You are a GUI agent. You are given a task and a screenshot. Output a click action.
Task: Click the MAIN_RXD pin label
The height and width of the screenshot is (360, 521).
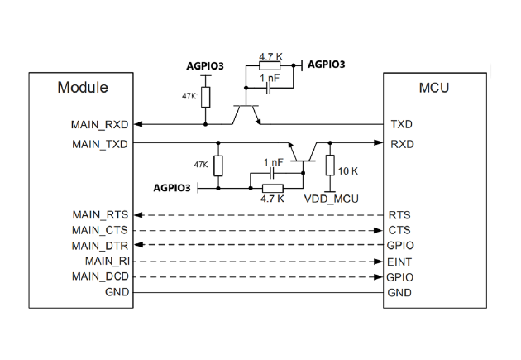[x=100, y=125]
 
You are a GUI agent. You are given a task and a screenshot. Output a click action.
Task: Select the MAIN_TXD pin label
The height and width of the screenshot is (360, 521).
[x=100, y=144]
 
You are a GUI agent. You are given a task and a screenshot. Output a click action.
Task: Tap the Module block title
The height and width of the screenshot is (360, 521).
[x=83, y=88]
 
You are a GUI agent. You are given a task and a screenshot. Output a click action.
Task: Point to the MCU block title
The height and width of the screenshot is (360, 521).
[x=434, y=88]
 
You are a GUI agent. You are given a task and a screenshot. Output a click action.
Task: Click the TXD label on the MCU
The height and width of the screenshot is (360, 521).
[x=401, y=124]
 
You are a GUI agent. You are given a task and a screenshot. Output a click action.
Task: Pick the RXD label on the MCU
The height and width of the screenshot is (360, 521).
[x=402, y=144]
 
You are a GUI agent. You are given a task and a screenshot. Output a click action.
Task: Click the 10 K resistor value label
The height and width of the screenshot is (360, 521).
[x=348, y=171]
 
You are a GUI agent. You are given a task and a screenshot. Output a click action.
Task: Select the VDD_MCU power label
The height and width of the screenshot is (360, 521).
[x=332, y=199]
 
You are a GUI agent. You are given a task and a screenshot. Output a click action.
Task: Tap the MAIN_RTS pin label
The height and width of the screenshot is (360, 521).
[x=100, y=214]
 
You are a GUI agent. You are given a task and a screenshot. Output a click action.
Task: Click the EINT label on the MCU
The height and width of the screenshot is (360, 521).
[x=399, y=262]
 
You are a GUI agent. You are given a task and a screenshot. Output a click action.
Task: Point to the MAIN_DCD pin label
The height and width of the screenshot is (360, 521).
[x=100, y=276]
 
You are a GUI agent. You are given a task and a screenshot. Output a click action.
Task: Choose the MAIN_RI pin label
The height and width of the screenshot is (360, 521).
[x=108, y=262]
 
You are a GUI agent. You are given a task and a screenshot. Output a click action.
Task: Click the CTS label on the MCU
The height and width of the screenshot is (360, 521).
[x=399, y=230]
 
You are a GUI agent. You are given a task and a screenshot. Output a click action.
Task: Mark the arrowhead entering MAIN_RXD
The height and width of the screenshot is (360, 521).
[x=137, y=124]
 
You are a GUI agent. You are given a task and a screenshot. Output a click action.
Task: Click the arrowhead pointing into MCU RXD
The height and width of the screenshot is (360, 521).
[x=378, y=142]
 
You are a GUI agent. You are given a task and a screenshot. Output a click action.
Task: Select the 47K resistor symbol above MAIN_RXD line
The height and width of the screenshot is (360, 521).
[x=206, y=97]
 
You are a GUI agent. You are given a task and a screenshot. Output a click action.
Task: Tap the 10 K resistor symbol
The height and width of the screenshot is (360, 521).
[x=330, y=165]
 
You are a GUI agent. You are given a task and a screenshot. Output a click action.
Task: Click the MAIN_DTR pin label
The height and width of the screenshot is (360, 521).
[x=100, y=246]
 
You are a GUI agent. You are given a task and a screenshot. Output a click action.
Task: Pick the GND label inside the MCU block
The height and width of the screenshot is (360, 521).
[x=399, y=293]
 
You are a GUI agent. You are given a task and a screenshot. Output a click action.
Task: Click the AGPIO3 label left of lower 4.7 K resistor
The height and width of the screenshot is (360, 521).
[x=172, y=188]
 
